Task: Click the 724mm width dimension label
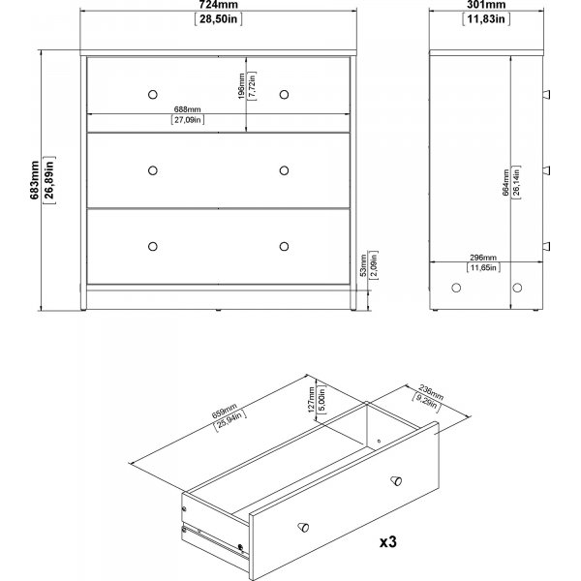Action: pos(218,5)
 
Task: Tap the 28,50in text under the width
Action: pos(218,18)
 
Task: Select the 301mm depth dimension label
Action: pos(486,5)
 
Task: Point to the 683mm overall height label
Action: pos(35,180)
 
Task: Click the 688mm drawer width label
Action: pos(188,109)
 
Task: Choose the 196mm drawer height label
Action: pos(241,86)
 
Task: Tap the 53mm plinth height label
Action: pos(363,265)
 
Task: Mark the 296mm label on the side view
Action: pos(483,258)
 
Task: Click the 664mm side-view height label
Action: pos(505,182)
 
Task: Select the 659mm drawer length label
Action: pos(225,411)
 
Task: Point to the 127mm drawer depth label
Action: pos(311,400)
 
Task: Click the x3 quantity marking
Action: pos(388,542)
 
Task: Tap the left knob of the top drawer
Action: pos(153,95)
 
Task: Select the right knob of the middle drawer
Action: pos(284,170)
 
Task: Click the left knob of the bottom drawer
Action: pos(153,246)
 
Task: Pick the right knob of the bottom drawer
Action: pos(284,246)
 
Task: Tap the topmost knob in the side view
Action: pos(546,95)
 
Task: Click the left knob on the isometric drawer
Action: pos(303,527)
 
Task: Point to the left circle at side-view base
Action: pos(456,288)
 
